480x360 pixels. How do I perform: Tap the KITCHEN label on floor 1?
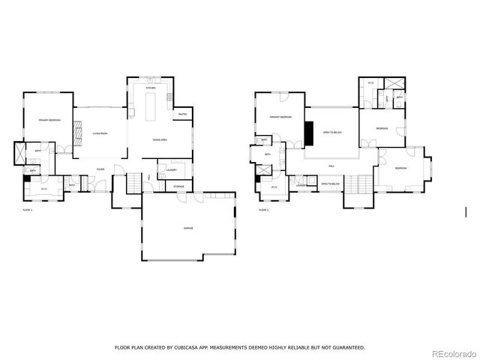pyautogui.click(x=150, y=88)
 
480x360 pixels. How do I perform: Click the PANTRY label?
pyautogui.click(x=182, y=115)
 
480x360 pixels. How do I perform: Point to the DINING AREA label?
pyautogui.click(x=160, y=139)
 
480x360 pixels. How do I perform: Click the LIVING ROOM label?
pyautogui.click(x=100, y=133)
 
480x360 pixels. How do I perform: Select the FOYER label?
pyautogui.click(x=100, y=169)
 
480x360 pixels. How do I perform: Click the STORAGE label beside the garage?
pyautogui.click(x=178, y=186)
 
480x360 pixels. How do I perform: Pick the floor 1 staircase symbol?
pyautogui.click(x=133, y=181)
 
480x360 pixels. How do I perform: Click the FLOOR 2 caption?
pyautogui.click(x=264, y=210)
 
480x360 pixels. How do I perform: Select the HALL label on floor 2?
pyautogui.click(x=331, y=166)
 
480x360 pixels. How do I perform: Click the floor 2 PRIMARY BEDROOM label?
pyautogui.click(x=280, y=118)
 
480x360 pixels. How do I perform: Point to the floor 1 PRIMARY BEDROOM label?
pyautogui.click(x=49, y=120)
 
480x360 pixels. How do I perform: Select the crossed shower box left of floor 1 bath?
pyautogui.click(x=19, y=153)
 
